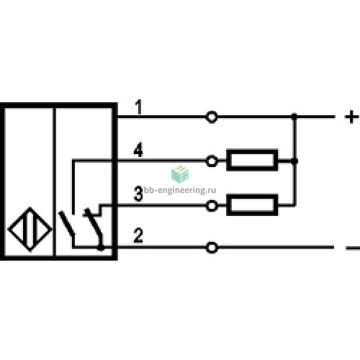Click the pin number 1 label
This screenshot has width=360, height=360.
pyautogui.click(x=138, y=107)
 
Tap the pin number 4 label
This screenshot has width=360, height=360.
pyautogui.click(x=138, y=150)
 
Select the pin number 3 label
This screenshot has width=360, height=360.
pyautogui.click(x=138, y=194)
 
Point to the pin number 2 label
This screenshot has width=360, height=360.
pyautogui.click(x=138, y=235)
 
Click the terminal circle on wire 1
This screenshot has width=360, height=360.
pyautogui.click(x=212, y=117)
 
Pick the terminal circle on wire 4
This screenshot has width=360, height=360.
pyautogui.click(x=212, y=161)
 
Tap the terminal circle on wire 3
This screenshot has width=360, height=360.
pyautogui.click(x=212, y=206)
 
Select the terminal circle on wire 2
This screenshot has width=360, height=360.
pyautogui.click(x=212, y=248)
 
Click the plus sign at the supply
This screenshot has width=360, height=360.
pyautogui.click(x=351, y=117)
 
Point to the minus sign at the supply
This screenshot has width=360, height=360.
pyautogui.click(x=353, y=248)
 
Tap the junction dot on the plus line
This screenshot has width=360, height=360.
pyautogui.click(x=294, y=117)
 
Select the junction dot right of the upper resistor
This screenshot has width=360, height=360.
pyautogui.click(x=294, y=161)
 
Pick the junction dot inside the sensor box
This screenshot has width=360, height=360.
pyautogui.click(x=101, y=248)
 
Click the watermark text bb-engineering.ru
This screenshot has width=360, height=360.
pyautogui.click(x=180, y=190)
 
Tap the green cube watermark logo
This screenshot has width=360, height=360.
pyautogui.click(x=180, y=174)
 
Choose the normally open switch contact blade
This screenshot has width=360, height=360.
pyautogui.click(x=67, y=223)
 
